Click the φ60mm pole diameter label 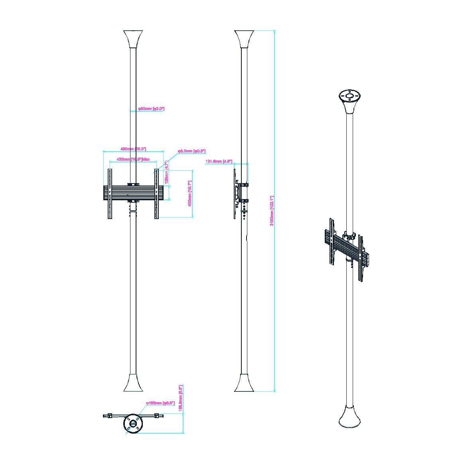(151, 109)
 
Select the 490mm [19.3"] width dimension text (133, 149)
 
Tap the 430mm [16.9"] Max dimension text (133, 159)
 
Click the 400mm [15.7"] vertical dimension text (190, 193)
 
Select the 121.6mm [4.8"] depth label (219, 161)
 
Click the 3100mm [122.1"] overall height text (272, 211)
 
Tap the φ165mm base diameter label (160, 403)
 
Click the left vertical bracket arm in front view (109, 193)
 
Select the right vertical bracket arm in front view (157, 193)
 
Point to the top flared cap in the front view (133, 39)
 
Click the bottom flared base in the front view (133, 383)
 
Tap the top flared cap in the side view (245, 39)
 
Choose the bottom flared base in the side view (245, 383)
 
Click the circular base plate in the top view (133, 424)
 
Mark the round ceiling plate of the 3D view (350, 96)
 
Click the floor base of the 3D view (350, 417)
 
